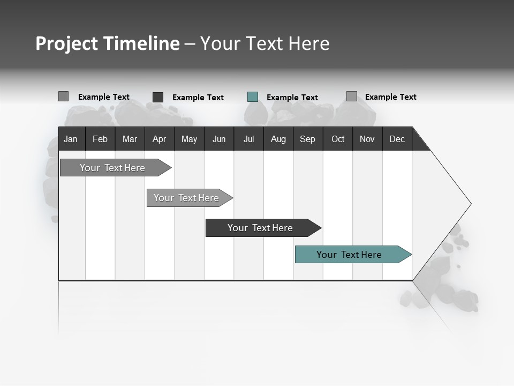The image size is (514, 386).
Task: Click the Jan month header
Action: coord(71,139)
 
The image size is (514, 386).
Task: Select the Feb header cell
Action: coord(100,139)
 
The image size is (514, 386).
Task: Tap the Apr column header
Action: coord(159,139)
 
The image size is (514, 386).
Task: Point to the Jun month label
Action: coord(219,139)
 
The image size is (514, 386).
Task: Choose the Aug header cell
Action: coord(278,139)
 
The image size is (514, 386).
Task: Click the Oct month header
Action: coord(338,139)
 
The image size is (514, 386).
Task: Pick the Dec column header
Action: coord(397,139)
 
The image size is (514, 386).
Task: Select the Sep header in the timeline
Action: coord(307,139)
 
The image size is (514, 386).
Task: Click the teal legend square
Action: coord(253,97)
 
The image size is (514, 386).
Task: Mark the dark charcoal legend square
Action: coord(158,97)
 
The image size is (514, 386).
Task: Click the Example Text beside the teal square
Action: coord(292,98)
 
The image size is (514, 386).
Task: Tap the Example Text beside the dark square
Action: coord(198,98)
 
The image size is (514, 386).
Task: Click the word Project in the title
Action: coord(66,43)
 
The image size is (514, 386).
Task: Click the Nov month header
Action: coord(367,139)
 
